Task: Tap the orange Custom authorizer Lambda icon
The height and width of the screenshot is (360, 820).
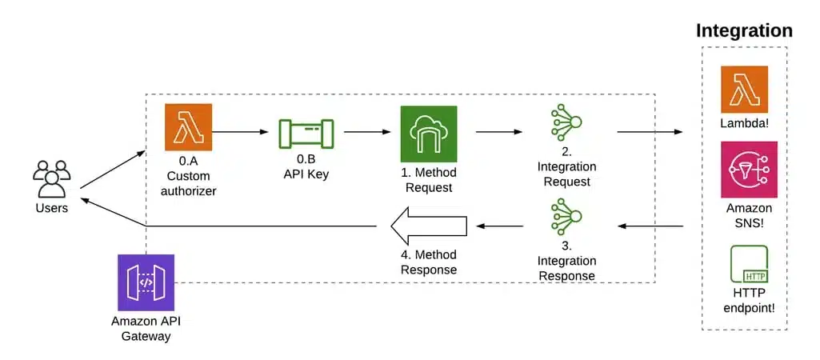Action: pyautogui.click(x=189, y=127)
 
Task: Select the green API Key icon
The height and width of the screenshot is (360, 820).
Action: pyautogui.click(x=306, y=130)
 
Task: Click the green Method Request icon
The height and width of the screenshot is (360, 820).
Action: pyautogui.click(x=429, y=134)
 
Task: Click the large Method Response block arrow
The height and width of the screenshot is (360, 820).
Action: pyautogui.click(x=428, y=226)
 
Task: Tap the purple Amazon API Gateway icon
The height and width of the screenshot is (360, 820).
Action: pyautogui.click(x=146, y=282)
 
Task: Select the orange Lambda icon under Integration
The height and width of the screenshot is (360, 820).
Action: pyautogui.click(x=744, y=90)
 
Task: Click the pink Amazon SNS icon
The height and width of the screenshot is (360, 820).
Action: pyautogui.click(x=744, y=169)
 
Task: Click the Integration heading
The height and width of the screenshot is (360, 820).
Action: pyautogui.click(x=744, y=31)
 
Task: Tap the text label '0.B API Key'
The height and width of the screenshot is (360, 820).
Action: pyautogui.click(x=306, y=166)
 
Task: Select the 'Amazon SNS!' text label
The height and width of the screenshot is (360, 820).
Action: pyautogui.click(x=744, y=214)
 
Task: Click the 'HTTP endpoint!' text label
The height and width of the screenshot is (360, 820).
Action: pyautogui.click(x=744, y=301)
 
